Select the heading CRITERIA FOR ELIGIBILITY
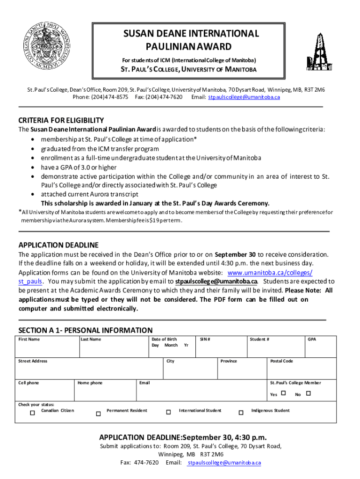pyautogui.click(x=61, y=120)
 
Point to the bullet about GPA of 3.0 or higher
pyautogui.click(x=79, y=167)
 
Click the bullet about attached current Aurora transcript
pyautogui.click(x=89, y=194)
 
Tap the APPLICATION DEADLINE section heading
pyautogui.click(x=58, y=245)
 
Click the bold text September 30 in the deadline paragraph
pyautogui.click(x=235, y=254)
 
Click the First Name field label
pyautogui.click(x=29, y=339)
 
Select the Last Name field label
pyautogui.click(x=91, y=339)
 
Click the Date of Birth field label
pyautogui.click(x=165, y=339)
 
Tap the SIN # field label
pyautogui.click(x=205, y=339)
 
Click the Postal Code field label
pyautogui.click(x=282, y=361)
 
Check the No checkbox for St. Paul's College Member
pyautogui.click(x=308, y=394)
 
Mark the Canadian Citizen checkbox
pyautogui.click(x=32, y=413)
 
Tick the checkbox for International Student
pyautogui.click(x=168, y=413)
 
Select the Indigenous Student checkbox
pyautogui.click(x=241, y=413)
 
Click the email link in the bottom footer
pyautogui.click(x=223, y=463)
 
